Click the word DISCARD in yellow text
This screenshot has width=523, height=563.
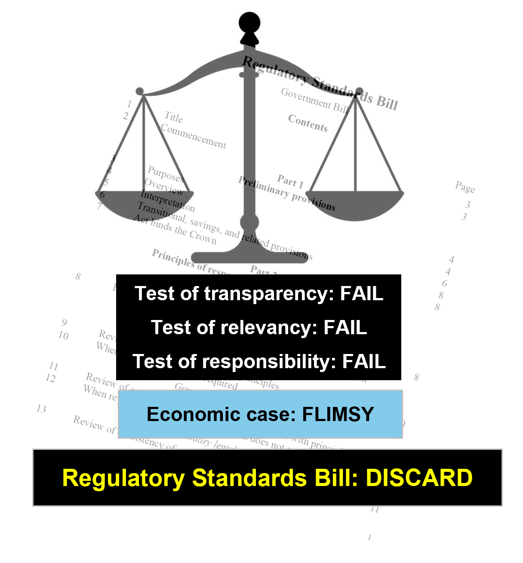[x=419, y=478]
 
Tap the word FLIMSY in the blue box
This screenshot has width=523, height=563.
[x=338, y=414]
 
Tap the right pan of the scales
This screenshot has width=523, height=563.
[x=355, y=205]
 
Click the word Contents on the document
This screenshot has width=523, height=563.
[x=308, y=123]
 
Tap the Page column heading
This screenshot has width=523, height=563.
[x=465, y=187]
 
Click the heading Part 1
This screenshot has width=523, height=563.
[x=290, y=181]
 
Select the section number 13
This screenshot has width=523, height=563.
[x=41, y=409]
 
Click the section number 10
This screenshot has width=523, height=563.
[x=63, y=335]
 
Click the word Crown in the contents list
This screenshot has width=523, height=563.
[x=203, y=237]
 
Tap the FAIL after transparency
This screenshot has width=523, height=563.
[x=361, y=293]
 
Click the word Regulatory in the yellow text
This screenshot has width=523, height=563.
[x=123, y=478]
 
